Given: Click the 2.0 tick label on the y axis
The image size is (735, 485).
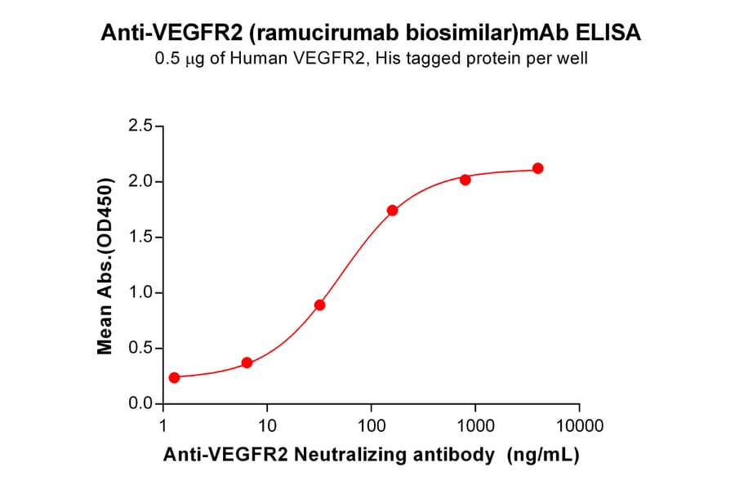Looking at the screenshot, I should click(140, 181).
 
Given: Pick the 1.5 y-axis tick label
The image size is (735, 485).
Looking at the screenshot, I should click(140, 238).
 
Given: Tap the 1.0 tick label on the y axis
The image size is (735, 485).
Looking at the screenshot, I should click(140, 293).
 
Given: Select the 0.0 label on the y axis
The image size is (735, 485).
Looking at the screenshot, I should click(140, 404).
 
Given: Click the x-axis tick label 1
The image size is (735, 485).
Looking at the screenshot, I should click(164, 425).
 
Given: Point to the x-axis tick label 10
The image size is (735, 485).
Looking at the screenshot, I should click(267, 425).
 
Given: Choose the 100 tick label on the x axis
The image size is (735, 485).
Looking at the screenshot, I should click(371, 425).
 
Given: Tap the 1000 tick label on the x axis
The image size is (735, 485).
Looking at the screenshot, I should click(475, 425).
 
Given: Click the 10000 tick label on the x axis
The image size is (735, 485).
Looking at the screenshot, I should click(579, 425).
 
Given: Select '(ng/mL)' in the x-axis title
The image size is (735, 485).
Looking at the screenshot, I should click(543, 456).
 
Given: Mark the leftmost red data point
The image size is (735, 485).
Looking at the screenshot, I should click(174, 377).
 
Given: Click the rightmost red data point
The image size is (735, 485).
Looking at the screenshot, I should click(537, 168).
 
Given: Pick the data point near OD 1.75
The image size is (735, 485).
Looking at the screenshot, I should click(392, 210).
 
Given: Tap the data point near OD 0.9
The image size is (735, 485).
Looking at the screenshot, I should click(319, 305).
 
